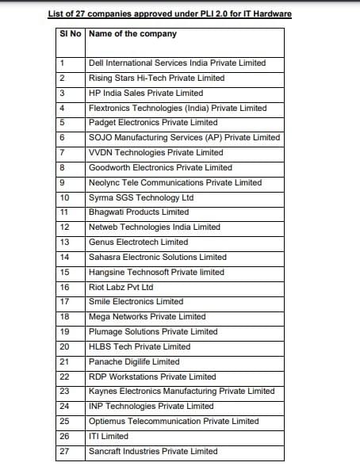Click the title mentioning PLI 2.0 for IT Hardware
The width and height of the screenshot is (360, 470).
[180, 13]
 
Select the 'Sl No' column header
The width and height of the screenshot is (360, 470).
[71, 34]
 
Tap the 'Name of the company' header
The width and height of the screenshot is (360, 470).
[132, 34]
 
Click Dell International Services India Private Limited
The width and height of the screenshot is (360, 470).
[177, 63]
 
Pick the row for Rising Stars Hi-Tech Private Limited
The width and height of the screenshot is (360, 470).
[156, 78]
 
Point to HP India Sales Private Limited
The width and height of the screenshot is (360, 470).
[146, 93]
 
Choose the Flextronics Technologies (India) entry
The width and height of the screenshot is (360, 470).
[177, 108]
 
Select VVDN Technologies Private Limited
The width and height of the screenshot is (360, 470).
[155, 152]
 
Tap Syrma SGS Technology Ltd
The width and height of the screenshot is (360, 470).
[141, 197]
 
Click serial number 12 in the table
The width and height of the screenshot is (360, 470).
[64, 227]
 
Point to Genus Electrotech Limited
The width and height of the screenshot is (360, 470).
[138, 242]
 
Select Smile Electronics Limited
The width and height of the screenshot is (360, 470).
[136, 302]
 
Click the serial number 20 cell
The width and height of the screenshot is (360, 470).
[64, 346]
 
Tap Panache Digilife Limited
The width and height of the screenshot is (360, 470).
[134, 361]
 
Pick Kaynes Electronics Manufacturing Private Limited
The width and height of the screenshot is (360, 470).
[182, 391]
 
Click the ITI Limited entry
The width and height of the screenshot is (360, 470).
[109, 436]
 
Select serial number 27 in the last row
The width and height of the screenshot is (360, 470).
[64, 451]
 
